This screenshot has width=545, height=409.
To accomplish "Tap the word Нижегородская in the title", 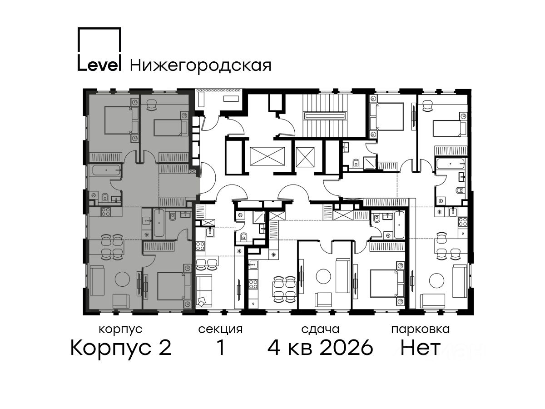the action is click(x=201, y=65).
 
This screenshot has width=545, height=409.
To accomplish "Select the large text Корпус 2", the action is click(x=121, y=348).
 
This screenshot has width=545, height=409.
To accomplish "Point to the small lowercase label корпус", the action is click(x=120, y=330).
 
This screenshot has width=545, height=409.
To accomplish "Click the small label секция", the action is click(x=220, y=329).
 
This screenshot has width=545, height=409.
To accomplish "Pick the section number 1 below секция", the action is click(x=221, y=348).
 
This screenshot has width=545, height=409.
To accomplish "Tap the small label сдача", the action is click(x=320, y=329).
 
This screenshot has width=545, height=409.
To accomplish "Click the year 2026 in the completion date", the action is click(x=347, y=348).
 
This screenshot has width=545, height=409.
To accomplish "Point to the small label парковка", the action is click(x=421, y=330).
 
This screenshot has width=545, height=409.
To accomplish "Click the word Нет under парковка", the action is click(x=420, y=348).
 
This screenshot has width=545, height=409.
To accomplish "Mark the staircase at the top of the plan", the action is click(x=325, y=115).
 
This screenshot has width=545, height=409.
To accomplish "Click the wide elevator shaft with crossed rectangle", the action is click(x=267, y=156).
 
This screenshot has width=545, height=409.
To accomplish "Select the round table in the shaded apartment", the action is click(x=123, y=279).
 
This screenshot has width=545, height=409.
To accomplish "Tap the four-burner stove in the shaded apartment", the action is click(x=106, y=212).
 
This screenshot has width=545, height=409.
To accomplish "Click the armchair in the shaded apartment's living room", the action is click(x=121, y=301).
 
